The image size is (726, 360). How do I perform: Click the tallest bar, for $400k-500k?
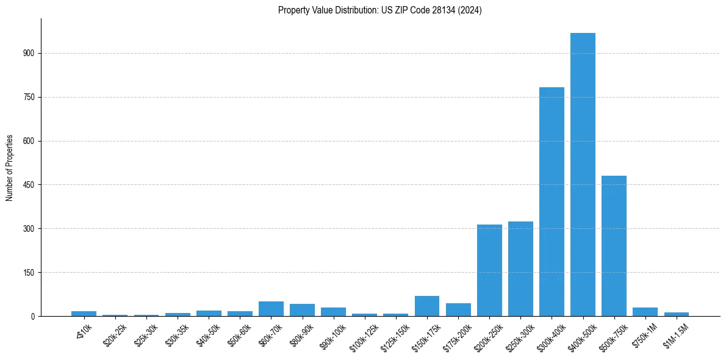(583, 175)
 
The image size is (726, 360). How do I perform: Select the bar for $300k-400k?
(552, 201)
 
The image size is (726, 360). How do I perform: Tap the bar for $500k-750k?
(614, 246)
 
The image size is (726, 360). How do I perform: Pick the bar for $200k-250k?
(489, 270)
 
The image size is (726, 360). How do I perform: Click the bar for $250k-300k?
(520, 268)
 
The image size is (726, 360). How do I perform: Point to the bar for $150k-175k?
(427, 306)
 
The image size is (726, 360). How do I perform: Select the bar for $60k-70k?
(271, 309)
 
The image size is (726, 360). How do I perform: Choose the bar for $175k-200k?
(458, 310)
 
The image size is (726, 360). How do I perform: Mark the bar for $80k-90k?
(302, 310)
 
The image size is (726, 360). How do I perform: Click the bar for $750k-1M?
(645, 312)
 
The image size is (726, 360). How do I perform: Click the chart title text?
(379, 10)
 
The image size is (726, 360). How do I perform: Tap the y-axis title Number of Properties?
(10, 168)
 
